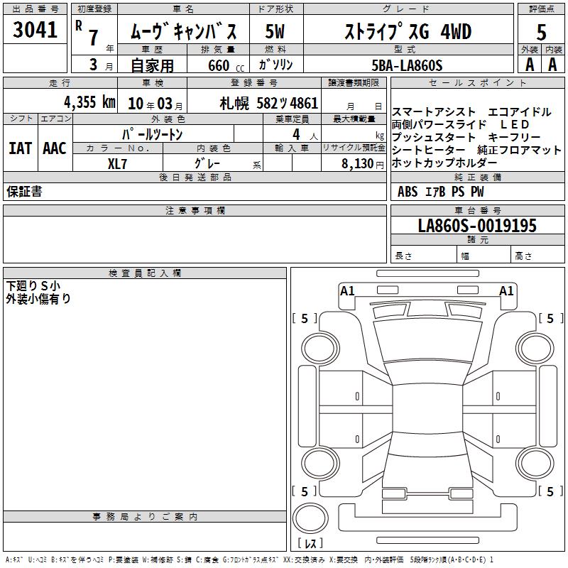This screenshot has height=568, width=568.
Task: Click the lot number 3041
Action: click(35, 30)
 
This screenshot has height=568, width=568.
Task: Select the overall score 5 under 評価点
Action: click(541, 32)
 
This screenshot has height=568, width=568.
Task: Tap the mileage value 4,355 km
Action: click(89, 102)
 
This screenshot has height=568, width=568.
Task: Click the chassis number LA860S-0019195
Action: click(477, 226)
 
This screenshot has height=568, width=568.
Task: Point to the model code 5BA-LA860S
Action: click(407, 65)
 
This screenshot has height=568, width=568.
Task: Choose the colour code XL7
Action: click(117, 164)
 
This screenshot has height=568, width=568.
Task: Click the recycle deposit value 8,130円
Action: click(363, 164)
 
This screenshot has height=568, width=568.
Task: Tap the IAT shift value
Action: click(21, 148)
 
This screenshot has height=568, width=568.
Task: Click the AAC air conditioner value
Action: click(55, 148)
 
